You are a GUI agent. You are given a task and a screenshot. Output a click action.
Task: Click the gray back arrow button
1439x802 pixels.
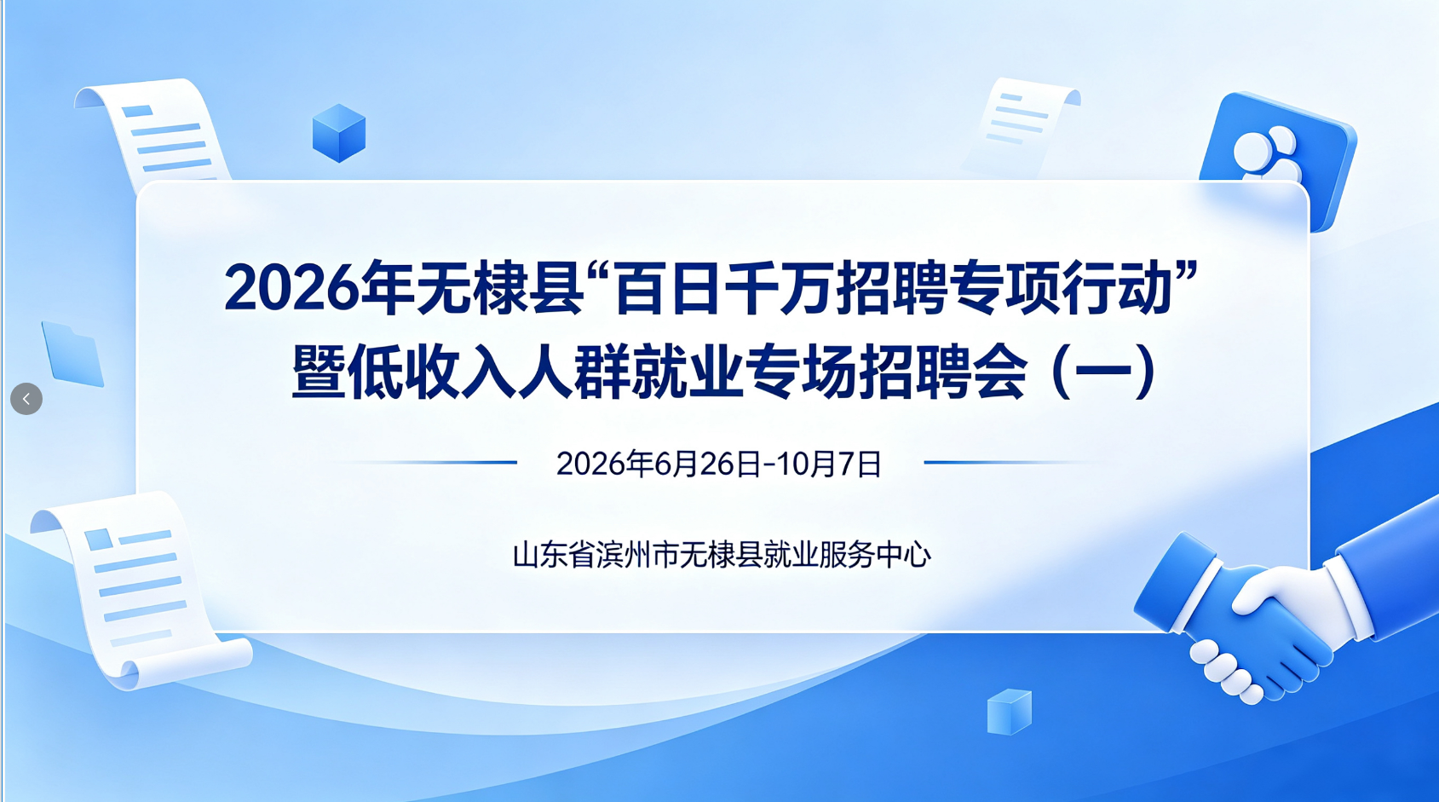(x=26, y=398)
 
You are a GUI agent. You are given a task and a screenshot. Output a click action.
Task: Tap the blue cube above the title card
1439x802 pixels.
(x=339, y=133)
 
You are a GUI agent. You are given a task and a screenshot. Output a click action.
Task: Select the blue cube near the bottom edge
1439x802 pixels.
(x=1010, y=712)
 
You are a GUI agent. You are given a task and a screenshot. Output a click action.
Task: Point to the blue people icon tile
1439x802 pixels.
(x=1278, y=158)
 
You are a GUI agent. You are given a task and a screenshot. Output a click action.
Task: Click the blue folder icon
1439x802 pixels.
(x=72, y=355)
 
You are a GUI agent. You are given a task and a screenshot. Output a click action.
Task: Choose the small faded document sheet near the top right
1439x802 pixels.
(x=1022, y=125)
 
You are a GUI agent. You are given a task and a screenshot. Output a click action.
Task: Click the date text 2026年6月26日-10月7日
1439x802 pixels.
(x=719, y=464)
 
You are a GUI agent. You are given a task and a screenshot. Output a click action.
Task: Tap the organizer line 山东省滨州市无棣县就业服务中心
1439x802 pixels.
(x=722, y=555)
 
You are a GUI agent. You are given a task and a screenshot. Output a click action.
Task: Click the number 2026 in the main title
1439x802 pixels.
(x=291, y=288)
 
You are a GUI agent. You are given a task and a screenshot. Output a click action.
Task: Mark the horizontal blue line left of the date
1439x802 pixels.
(x=427, y=462)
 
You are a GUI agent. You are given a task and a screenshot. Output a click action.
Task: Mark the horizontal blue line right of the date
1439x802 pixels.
(x=1014, y=462)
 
